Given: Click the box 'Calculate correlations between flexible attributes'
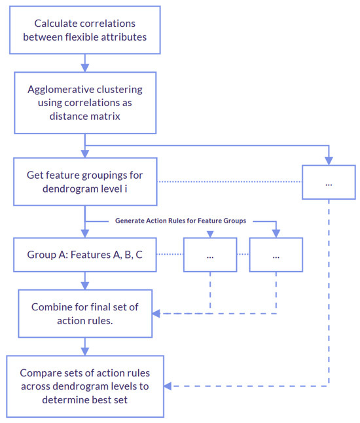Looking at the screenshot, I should [x=84, y=30].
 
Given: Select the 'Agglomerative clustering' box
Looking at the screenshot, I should [x=84, y=101].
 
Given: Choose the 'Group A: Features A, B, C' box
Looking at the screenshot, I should [x=84, y=255].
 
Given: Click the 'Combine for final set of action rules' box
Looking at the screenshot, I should [x=84, y=313].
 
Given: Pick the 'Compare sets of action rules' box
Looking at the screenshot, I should [x=84, y=386].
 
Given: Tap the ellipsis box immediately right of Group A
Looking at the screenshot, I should [x=210, y=255].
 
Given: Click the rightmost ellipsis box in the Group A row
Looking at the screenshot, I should [x=276, y=255].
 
